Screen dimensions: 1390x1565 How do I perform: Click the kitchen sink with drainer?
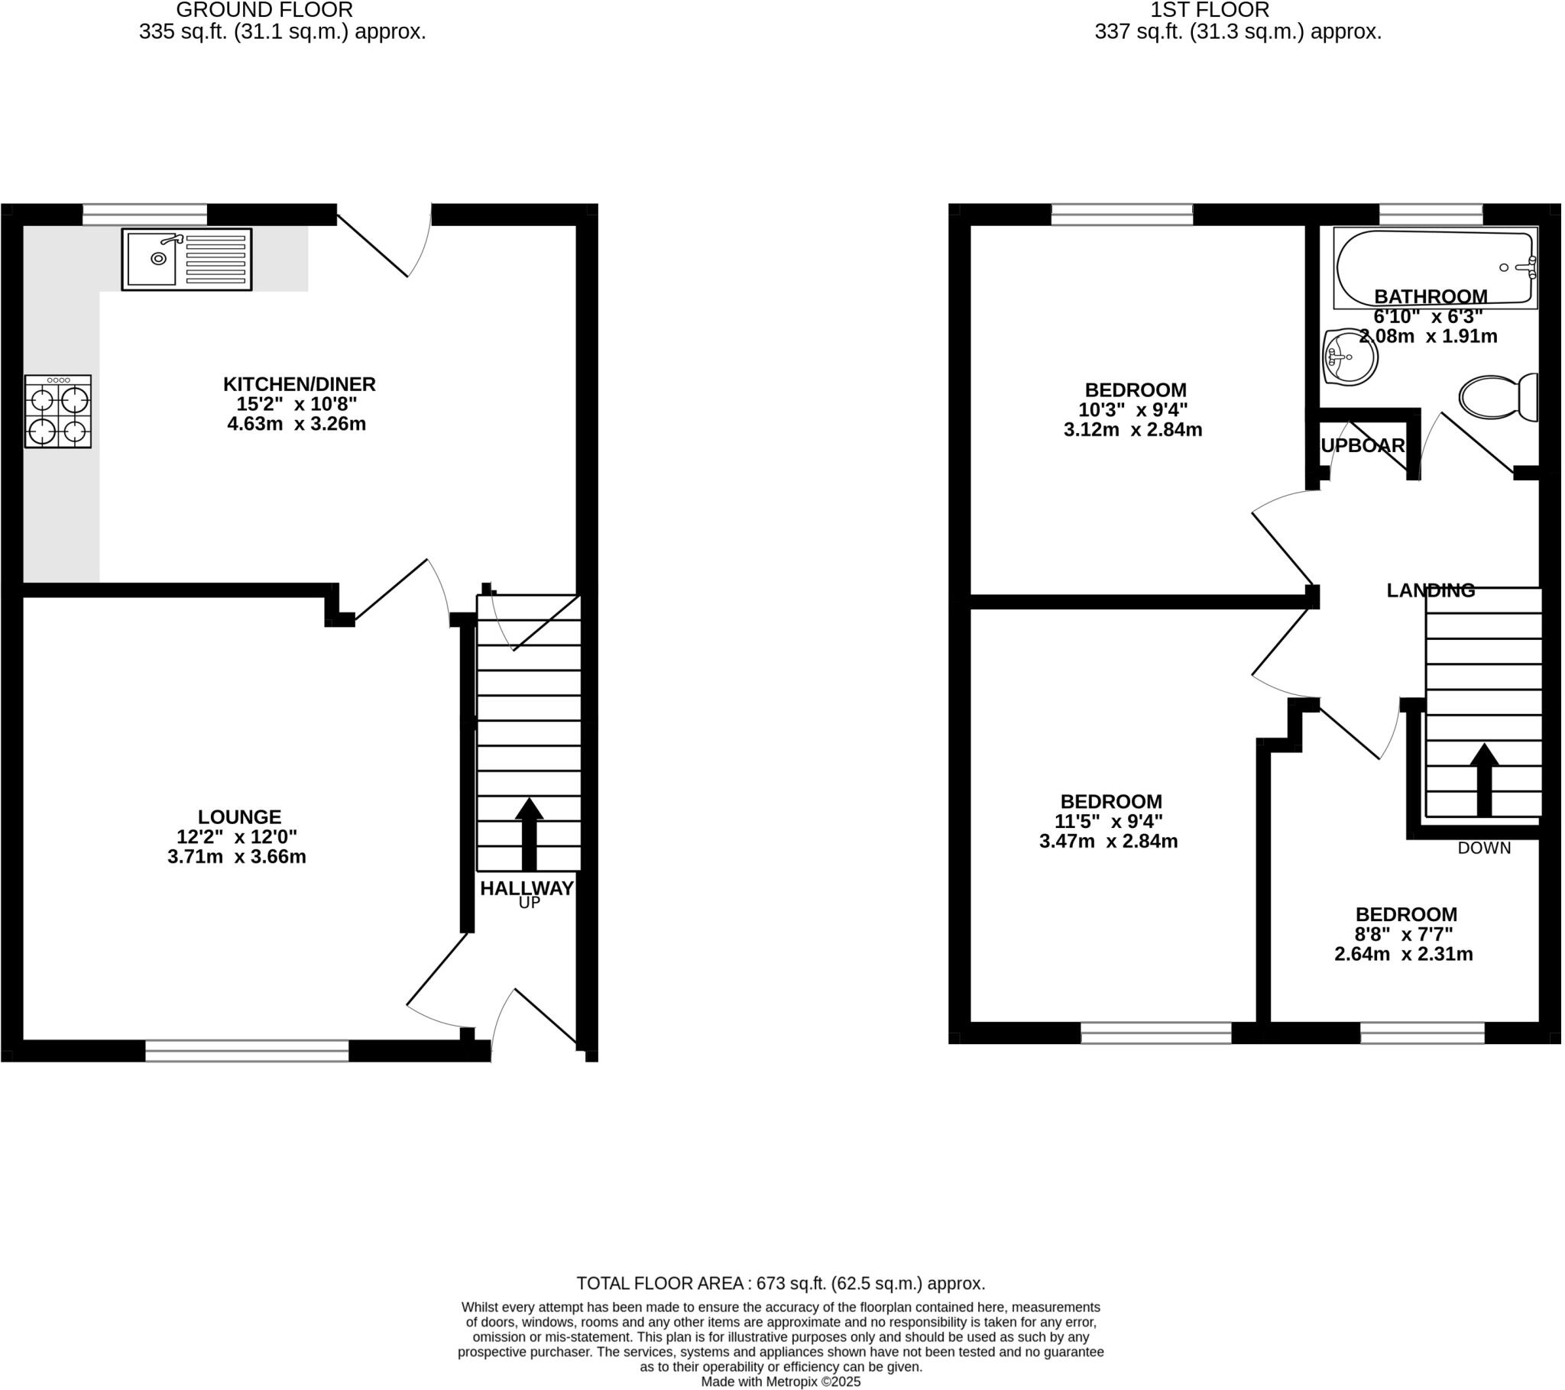[186, 260]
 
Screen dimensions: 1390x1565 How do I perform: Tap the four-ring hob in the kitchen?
[58, 412]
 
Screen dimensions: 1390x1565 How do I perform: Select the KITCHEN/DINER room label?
[300, 384]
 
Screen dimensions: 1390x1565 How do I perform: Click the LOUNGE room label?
[240, 817]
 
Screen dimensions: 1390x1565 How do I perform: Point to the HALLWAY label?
[526, 889]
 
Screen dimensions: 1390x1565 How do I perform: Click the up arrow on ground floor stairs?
[528, 833]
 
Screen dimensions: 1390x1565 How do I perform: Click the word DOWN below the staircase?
[1484, 848]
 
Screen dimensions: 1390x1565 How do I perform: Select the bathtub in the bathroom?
[1435, 267]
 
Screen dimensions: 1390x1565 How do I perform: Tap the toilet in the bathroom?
[1499, 396]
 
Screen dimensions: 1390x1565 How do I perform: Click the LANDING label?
[1431, 590]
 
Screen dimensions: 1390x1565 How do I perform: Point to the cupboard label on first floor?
[1362, 445]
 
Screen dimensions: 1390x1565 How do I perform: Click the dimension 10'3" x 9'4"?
[1133, 409]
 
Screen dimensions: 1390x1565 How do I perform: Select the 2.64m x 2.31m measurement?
[1404, 955]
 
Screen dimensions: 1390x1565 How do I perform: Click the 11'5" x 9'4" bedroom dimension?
[1108, 821]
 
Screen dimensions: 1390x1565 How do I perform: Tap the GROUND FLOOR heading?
[264, 10]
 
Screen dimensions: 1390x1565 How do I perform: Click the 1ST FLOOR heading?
[1210, 10]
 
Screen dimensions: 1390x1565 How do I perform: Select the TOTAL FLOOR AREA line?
[780, 1284]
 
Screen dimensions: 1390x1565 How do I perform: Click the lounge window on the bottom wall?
[247, 1050]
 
